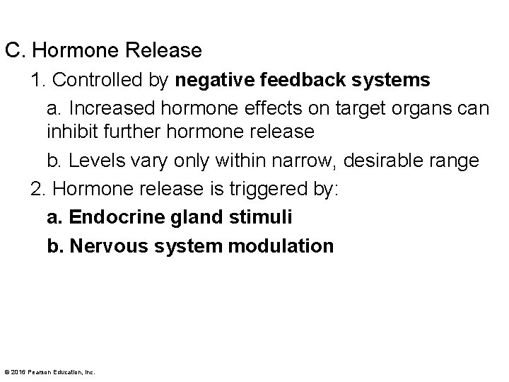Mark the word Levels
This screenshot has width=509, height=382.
(x=91, y=161)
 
